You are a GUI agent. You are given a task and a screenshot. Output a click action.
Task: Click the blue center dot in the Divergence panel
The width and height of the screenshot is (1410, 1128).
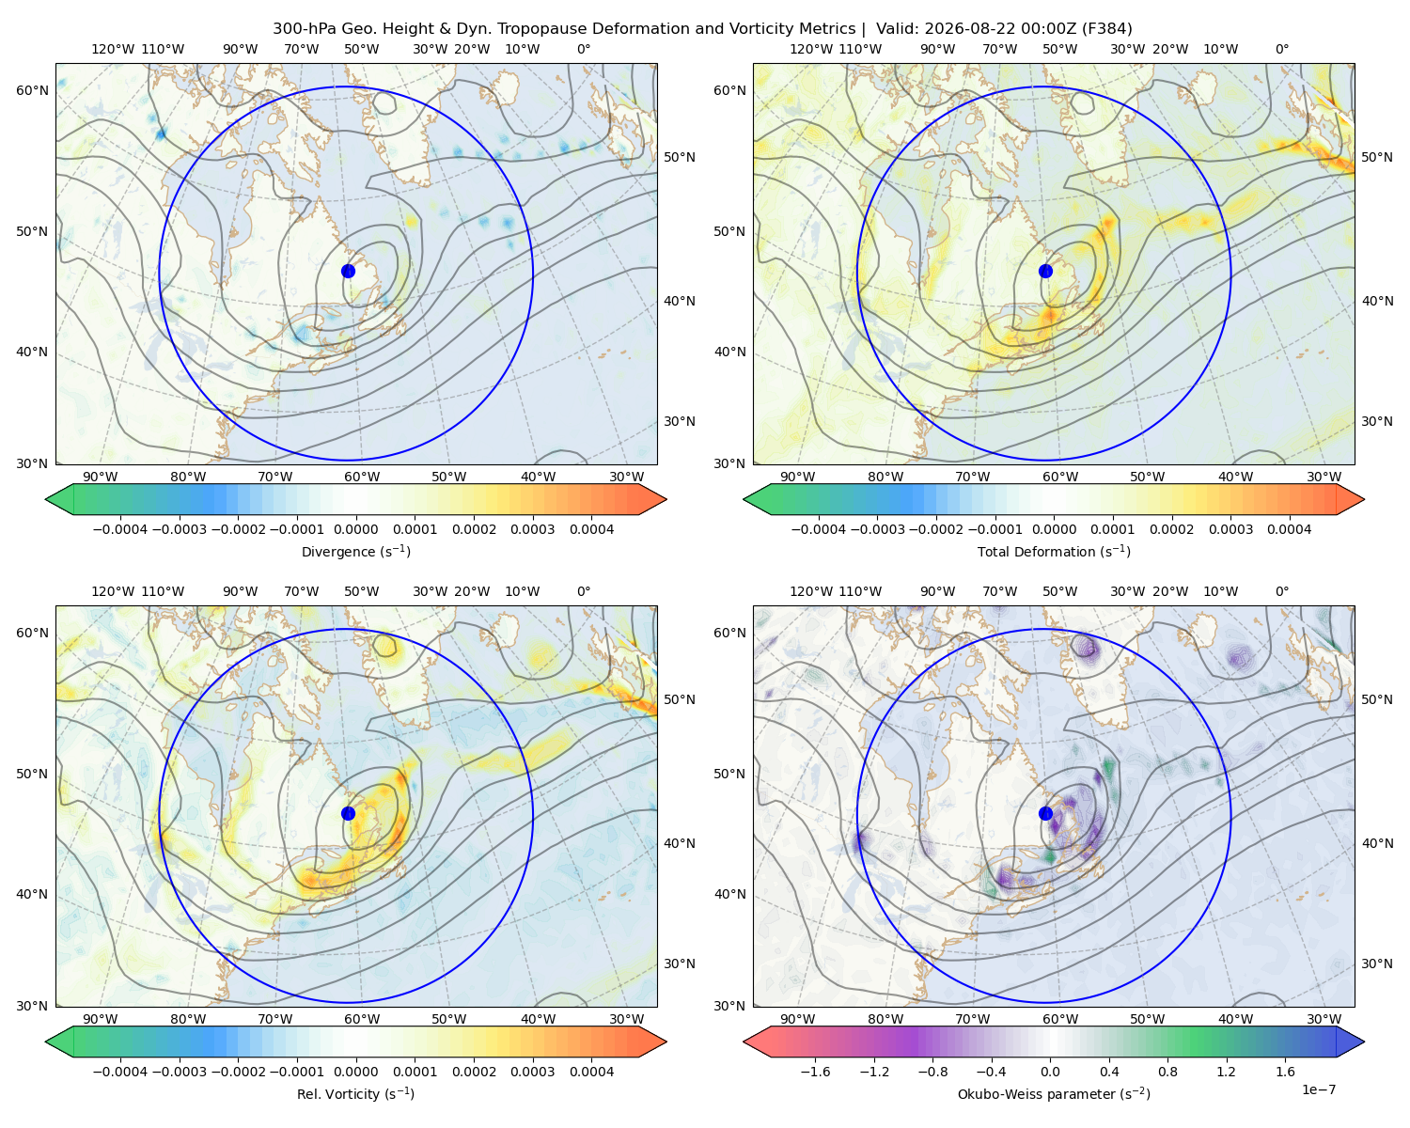click(x=348, y=271)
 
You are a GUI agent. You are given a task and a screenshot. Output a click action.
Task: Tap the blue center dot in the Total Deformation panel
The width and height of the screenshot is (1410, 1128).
click(x=1045, y=271)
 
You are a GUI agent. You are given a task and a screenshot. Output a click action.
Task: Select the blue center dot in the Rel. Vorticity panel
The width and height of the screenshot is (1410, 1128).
click(x=348, y=813)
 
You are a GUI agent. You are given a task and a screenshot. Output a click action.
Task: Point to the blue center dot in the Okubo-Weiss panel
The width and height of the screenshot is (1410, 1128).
click(x=1045, y=813)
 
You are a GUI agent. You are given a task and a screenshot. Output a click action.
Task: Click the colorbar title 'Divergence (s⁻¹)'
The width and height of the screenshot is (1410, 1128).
click(x=355, y=551)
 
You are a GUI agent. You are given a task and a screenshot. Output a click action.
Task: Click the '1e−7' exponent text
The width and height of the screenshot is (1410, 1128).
click(x=1318, y=1089)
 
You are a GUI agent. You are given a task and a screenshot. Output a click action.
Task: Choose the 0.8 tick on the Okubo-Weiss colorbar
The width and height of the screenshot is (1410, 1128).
click(x=1167, y=1071)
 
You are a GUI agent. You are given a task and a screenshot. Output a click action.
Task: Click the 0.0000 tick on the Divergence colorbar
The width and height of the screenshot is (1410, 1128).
click(x=355, y=529)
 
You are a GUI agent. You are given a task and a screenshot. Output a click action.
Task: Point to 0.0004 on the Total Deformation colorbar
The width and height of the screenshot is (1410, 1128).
click(x=1289, y=529)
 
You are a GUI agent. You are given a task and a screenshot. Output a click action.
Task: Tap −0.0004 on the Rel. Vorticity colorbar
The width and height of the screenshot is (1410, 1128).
click(x=120, y=1071)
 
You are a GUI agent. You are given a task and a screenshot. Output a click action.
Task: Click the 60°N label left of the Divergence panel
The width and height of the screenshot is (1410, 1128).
click(x=32, y=90)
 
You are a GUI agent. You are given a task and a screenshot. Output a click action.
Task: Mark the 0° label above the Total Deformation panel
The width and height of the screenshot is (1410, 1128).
click(x=1281, y=49)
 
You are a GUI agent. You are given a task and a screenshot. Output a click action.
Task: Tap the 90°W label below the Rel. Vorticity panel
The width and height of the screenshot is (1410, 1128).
click(x=101, y=1019)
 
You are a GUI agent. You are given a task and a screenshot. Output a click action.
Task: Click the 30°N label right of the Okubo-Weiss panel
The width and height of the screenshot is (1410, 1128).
click(x=1377, y=963)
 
